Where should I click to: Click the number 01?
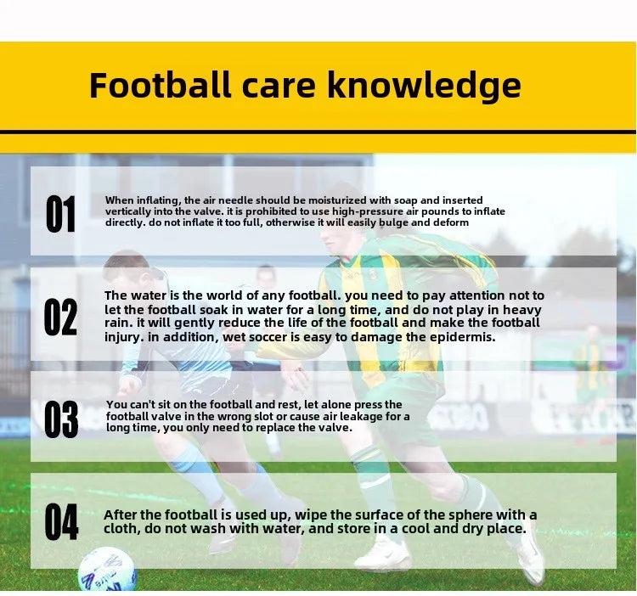61,215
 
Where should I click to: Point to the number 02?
61,318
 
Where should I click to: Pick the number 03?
61,419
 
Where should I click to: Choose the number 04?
61,521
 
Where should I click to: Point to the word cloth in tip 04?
122,529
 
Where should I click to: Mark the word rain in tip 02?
120,323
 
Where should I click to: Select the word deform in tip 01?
448,222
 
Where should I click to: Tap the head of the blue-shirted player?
126,270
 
